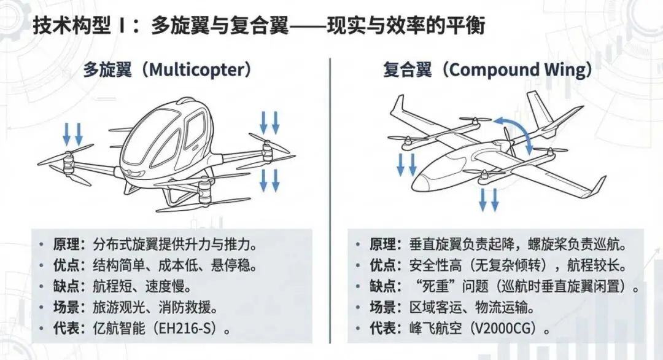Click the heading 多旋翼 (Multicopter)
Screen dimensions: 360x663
coord(168,70)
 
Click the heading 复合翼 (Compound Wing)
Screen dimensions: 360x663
coord(487,70)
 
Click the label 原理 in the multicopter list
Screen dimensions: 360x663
coord(68,244)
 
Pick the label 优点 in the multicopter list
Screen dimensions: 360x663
coord(68,265)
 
